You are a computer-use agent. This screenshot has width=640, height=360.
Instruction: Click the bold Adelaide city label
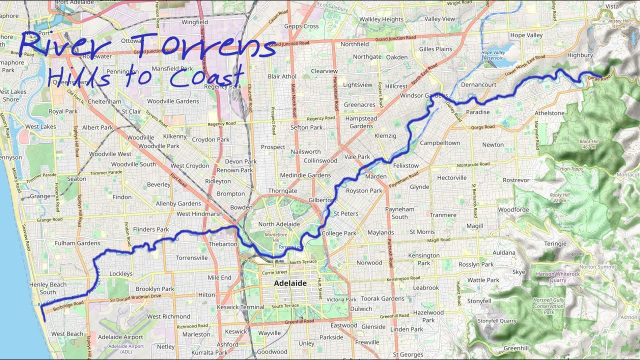tap(290, 283)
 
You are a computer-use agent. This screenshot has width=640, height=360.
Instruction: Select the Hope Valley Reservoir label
tap(494, 55)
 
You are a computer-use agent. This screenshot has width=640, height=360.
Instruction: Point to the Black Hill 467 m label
tap(588, 144)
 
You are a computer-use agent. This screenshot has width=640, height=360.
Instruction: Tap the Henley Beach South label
tap(48, 288)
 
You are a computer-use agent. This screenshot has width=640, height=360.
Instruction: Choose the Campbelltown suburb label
tap(439, 143)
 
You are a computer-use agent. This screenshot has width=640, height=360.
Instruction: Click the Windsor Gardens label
tap(424, 95)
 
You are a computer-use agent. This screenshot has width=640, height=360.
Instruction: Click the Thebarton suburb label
tap(223, 244)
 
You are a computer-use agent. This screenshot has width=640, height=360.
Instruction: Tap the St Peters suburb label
tap(346, 213)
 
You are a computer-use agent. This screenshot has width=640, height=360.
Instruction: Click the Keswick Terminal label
tap(240, 307)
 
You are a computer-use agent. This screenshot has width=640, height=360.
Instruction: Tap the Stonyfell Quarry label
tap(496, 320)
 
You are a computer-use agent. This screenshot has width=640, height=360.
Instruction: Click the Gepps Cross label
tap(301, 26)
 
